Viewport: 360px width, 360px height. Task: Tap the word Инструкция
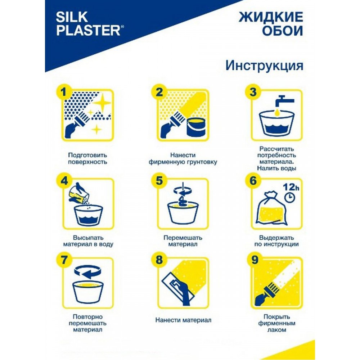264,66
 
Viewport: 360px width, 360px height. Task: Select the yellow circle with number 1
64,92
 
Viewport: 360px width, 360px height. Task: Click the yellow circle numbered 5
159,181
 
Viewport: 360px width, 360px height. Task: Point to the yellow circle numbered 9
254,260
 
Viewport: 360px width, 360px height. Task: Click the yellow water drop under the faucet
278,112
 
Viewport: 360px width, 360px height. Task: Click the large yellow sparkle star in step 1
102,102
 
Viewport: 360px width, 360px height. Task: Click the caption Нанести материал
183,320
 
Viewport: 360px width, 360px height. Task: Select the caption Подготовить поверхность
87,158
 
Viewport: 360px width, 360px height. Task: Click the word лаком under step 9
276,330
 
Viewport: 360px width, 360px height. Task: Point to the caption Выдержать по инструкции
276,241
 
